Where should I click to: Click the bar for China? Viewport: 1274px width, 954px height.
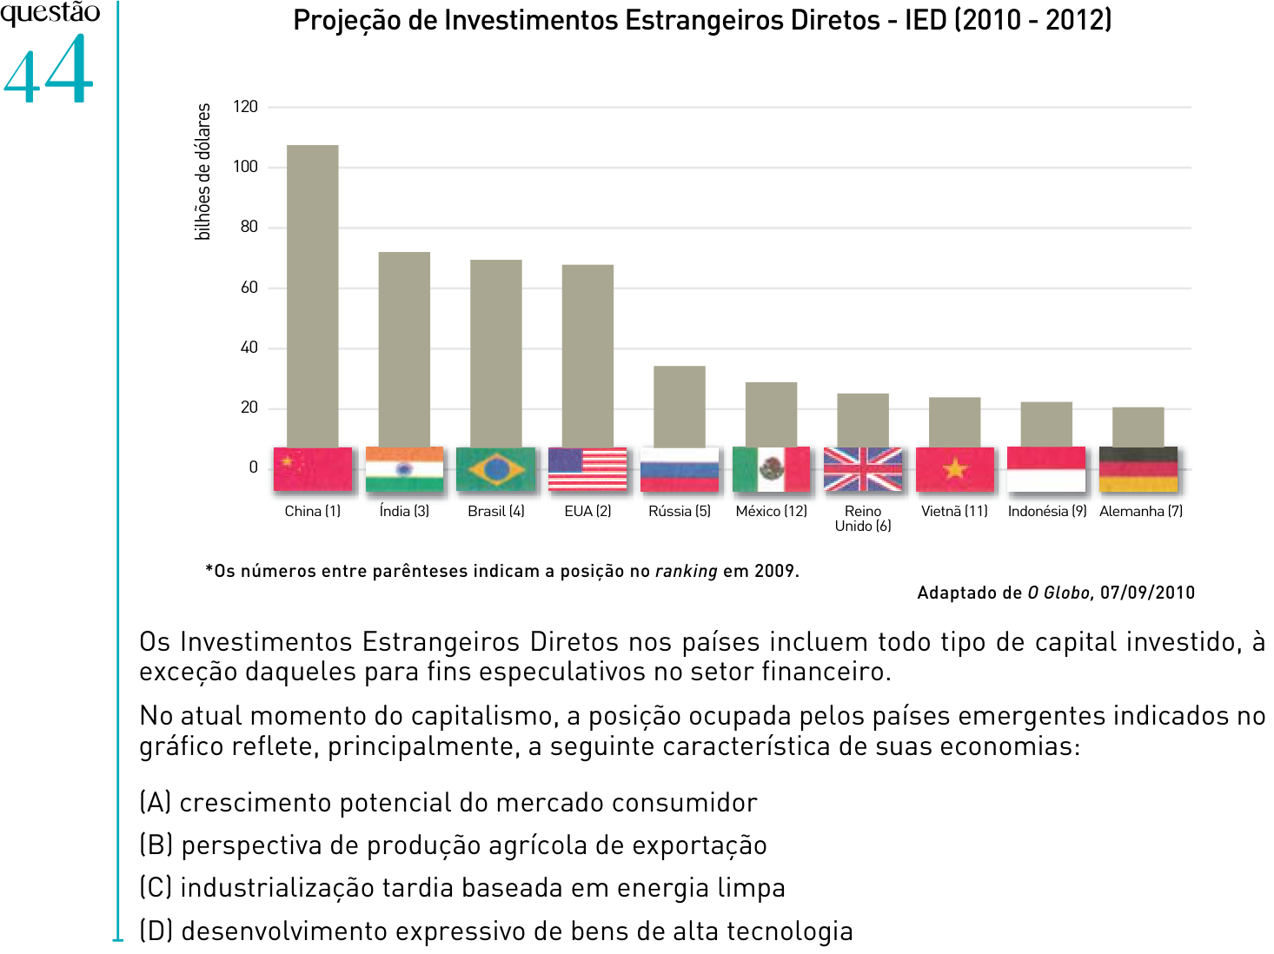pos(312,296)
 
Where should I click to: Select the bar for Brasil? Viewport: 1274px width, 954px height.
pos(495,354)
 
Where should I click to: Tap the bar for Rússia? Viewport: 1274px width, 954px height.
pos(679,407)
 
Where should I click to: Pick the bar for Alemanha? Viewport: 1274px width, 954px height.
pos(1138,427)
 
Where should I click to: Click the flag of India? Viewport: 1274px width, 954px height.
pos(404,469)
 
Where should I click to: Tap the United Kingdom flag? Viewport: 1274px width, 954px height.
pos(862,469)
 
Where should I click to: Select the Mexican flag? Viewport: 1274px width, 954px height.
pos(771,469)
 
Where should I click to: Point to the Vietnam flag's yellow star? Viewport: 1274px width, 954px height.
pos(954,467)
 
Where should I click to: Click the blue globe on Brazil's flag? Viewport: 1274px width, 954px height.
pos(496,469)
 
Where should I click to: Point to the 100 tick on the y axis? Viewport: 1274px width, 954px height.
pos(246,167)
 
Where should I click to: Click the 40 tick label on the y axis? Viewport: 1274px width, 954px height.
pos(249,348)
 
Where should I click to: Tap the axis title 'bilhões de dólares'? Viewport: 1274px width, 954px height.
pos(202,172)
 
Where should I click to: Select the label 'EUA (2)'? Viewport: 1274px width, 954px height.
pos(587,511)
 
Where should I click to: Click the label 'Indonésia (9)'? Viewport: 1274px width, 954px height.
pos(1047,511)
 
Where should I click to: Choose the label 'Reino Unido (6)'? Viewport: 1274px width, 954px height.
pos(862,518)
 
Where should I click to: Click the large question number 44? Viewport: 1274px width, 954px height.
pos(48,69)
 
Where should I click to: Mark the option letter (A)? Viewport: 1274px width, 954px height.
pos(156,803)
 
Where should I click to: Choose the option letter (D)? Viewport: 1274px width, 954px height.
pos(156,931)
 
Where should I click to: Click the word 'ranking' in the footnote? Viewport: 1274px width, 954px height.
pos(686,571)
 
